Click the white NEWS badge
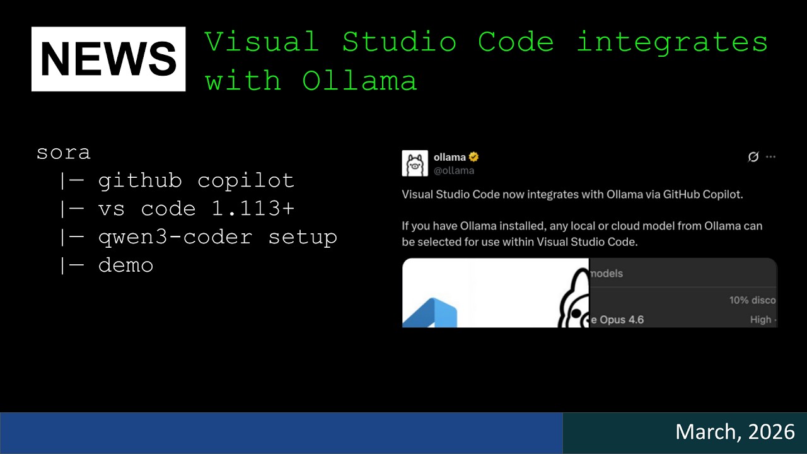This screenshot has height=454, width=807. tap(108, 59)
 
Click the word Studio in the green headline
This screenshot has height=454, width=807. tap(398, 42)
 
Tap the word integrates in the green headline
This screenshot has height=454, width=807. tap(672, 42)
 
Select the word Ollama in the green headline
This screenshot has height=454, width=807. tap(359, 81)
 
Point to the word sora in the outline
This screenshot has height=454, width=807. tap(64, 153)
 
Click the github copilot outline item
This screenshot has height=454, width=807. tap(196, 181)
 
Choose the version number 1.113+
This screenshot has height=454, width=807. tap(253, 209)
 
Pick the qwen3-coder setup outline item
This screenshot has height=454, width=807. tap(218, 237)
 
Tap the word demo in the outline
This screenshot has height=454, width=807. tap(125, 265)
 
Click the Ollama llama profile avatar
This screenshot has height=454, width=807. tap(415, 163)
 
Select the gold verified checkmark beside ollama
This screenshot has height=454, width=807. tap(473, 157)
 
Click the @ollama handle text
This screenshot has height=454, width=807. tap(454, 170)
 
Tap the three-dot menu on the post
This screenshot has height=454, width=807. tap(770, 157)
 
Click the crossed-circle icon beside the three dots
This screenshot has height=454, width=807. tap(753, 157)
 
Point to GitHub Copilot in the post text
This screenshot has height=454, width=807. tap(702, 194)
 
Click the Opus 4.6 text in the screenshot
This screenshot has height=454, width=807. tap(620, 320)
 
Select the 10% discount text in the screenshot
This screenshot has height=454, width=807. tap(752, 300)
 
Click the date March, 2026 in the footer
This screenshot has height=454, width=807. tap(734, 432)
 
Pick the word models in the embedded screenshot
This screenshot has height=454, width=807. tap(606, 273)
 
